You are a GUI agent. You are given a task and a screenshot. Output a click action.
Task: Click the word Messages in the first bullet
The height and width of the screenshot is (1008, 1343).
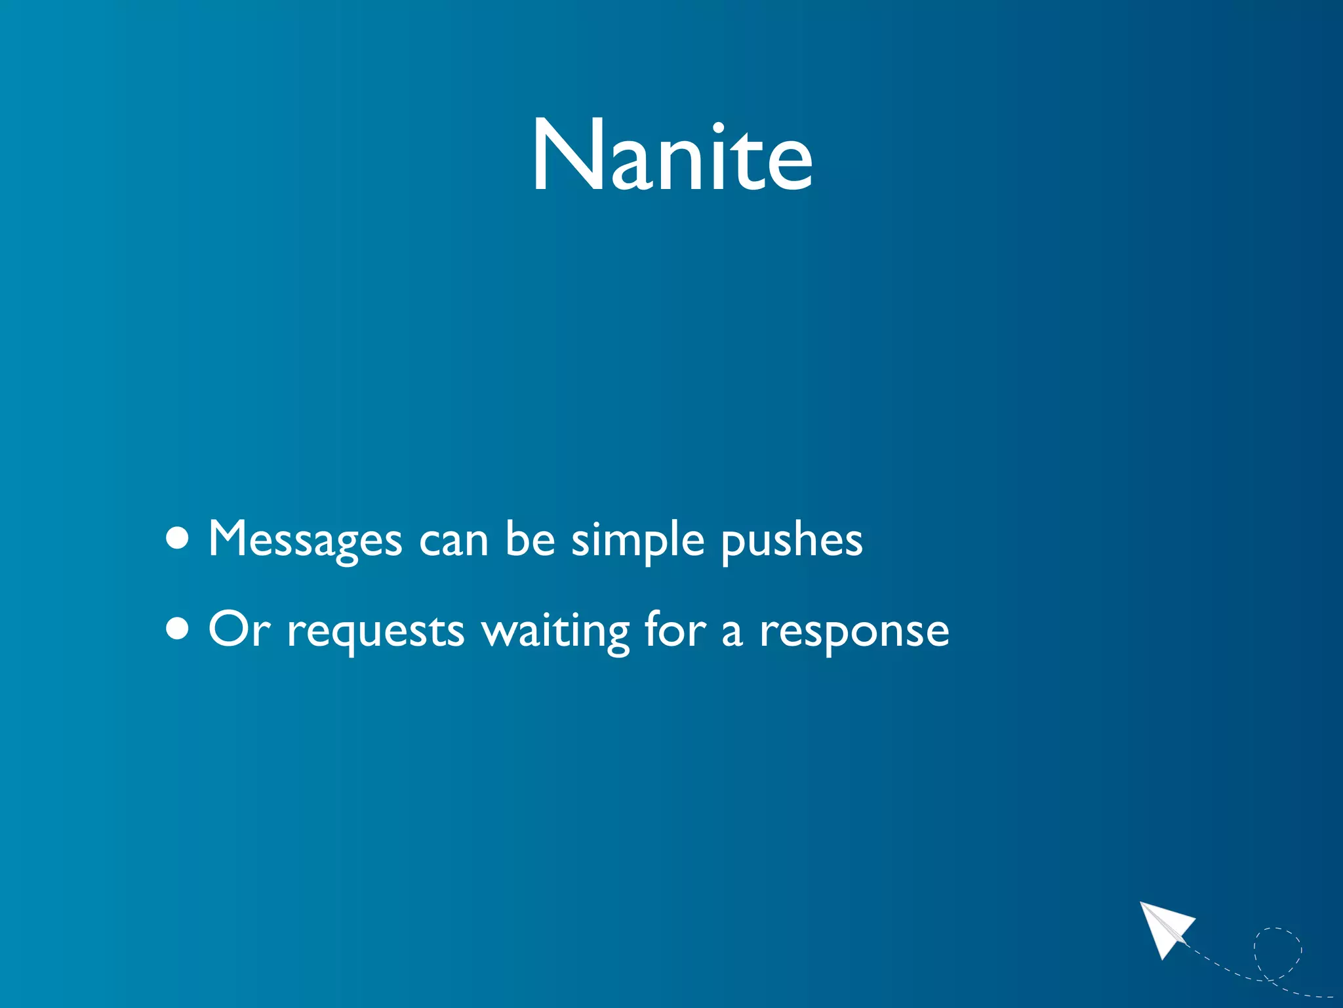click(x=305, y=539)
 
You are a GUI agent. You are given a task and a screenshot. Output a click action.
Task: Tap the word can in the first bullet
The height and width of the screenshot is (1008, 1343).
click(x=453, y=541)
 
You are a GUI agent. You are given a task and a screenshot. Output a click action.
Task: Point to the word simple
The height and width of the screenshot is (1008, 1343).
click(x=637, y=541)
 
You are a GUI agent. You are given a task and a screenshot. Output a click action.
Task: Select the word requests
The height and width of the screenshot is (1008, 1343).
click(x=376, y=631)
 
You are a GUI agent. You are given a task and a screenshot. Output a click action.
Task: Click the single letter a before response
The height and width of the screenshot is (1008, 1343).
click(x=732, y=633)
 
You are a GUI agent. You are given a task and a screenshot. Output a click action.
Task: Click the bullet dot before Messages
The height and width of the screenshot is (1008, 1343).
click(x=178, y=539)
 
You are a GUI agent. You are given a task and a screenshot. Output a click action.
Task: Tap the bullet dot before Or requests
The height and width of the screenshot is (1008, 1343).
click(x=178, y=629)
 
